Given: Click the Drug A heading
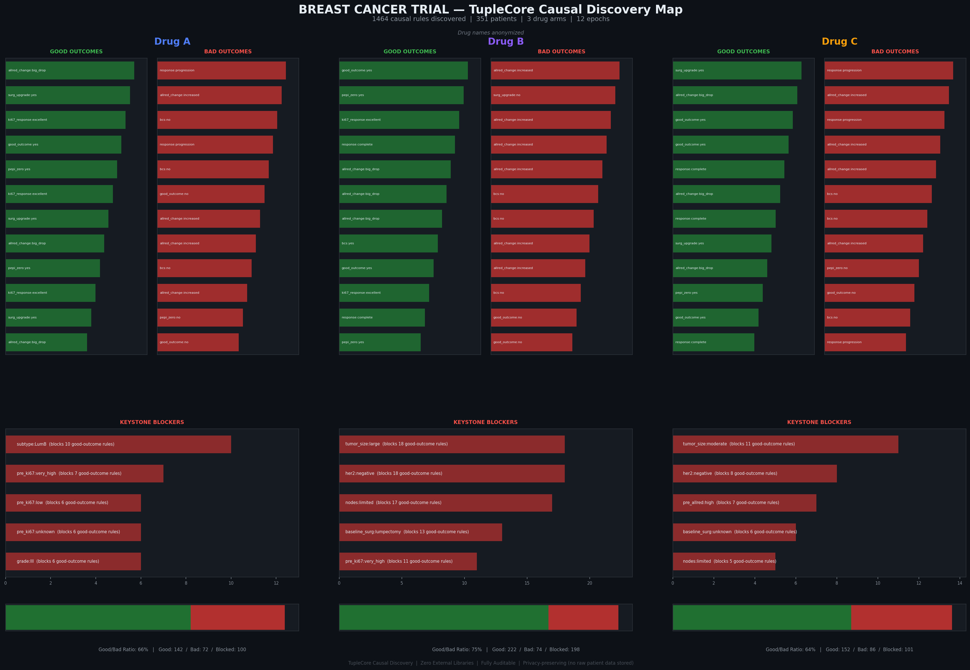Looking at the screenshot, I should [172, 42].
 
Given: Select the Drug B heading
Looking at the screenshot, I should [505, 42].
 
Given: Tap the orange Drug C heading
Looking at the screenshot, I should [839, 42].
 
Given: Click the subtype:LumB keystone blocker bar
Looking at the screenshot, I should [118, 444].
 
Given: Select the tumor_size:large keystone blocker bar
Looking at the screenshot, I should [452, 444].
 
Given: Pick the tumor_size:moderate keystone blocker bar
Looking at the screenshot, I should [785, 444].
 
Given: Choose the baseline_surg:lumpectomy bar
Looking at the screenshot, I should [420, 532].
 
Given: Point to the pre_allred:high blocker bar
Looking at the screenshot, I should [744, 503].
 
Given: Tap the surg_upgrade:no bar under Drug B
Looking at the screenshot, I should [553, 95].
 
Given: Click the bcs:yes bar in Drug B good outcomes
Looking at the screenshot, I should [388, 243].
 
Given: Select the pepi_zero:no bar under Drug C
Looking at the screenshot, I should [871, 268].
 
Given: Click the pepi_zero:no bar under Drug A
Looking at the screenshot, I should [200, 318].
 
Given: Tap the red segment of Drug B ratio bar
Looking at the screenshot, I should [583, 617].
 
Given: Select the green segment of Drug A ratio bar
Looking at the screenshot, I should [98, 617].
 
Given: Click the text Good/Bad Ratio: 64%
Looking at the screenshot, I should [790, 650].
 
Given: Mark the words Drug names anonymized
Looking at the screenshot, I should [490, 33].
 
